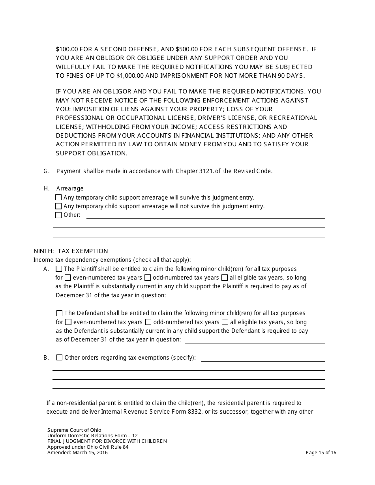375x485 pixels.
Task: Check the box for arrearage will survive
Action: (58, 198)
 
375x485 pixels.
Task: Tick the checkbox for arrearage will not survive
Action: (58, 206)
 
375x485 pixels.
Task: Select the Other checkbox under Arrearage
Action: (58, 215)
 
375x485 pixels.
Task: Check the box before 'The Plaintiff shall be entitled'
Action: (59, 269)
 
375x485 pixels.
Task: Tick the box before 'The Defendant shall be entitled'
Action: (59, 313)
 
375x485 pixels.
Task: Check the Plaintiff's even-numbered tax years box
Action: (68, 278)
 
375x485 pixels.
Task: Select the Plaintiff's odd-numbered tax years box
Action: (148, 278)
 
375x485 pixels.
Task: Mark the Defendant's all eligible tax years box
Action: (225, 322)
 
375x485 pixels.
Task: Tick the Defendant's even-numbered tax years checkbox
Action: (68, 322)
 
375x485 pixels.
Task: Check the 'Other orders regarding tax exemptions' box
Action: (59, 358)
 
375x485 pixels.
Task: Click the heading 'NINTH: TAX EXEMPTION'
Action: (71, 251)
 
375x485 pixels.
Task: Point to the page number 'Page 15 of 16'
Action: (321, 453)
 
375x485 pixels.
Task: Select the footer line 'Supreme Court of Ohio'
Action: (74, 430)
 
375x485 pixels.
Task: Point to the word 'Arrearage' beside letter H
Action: (70, 188)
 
